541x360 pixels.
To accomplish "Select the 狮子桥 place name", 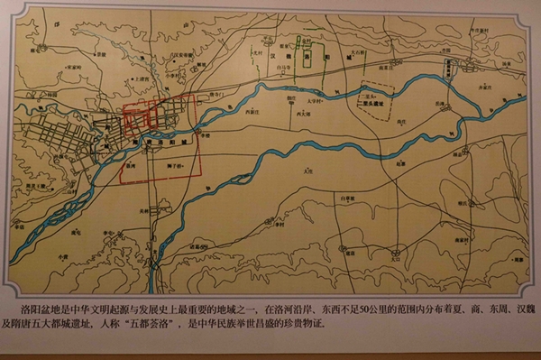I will (x=176, y=167).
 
